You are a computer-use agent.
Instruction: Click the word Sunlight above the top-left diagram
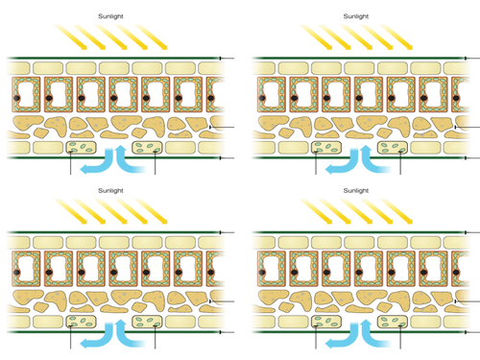(x=110, y=16)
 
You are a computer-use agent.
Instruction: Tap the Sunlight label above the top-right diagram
(x=356, y=16)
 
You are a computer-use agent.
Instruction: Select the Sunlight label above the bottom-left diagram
(x=110, y=191)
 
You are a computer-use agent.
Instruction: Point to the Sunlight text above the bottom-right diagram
(x=356, y=191)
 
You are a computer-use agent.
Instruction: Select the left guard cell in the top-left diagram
(x=81, y=148)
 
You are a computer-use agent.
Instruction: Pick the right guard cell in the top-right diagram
(x=393, y=148)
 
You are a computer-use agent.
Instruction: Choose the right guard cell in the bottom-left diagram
(x=147, y=322)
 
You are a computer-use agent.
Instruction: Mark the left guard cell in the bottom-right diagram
(x=326, y=322)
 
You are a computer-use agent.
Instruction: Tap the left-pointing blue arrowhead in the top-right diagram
(x=329, y=170)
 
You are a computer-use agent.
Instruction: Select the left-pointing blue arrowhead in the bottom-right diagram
(x=329, y=344)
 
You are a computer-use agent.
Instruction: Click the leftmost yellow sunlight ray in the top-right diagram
(x=317, y=37)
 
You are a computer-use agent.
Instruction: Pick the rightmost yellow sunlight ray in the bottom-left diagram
(x=152, y=211)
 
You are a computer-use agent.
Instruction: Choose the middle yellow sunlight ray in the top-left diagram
(x=111, y=37)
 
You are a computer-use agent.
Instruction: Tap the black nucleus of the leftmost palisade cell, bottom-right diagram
(x=262, y=273)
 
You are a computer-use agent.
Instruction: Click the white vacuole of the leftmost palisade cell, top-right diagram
(x=270, y=94)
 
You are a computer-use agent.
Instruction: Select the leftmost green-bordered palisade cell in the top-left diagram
(x=26, y=94)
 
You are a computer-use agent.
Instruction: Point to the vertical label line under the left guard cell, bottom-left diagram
(x=71, y=336)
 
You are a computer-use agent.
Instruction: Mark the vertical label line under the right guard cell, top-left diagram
(x=156, y=162)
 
